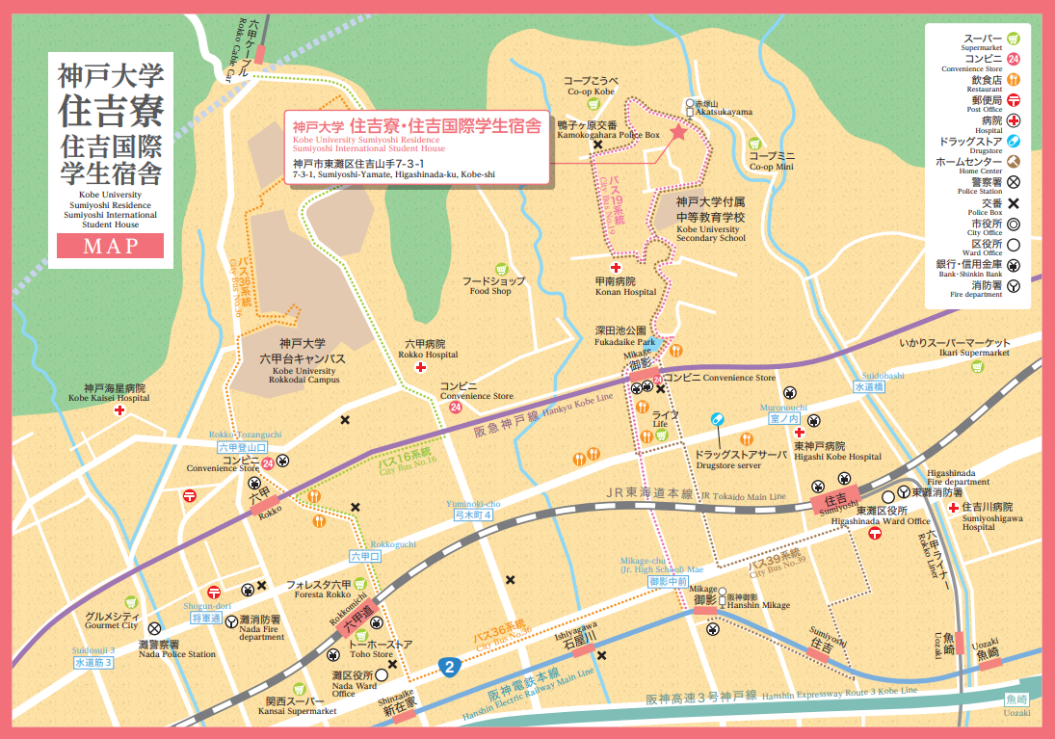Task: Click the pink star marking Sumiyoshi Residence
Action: [x=677, y=132]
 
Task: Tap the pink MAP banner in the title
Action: [x=109, y=246]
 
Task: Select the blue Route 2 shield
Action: [x=447, y=666]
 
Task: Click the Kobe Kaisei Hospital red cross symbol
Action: [x=119, y=411]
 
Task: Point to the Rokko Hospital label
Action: [x=424, y=349]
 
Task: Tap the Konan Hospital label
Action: [x=625, y=286]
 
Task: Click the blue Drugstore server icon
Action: [x=716, y=419]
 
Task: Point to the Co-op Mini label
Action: [x=772, y=161]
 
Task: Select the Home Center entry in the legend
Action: [x=967, y=162]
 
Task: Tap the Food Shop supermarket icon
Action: [x=500, y=269]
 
